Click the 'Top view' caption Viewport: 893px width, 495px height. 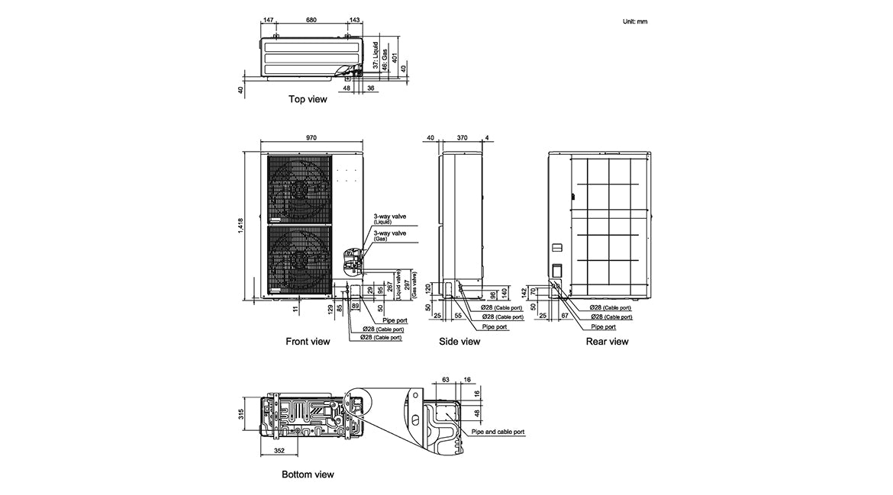(x=308, y=99)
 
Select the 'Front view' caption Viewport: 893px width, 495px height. (x=308, y=342)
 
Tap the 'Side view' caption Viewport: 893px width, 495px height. (x=459, y=342)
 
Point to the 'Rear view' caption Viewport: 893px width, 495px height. (x=607, y=342)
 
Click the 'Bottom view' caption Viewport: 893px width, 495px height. (x=308, y=474)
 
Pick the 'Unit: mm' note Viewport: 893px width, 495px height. (x=635, y=21)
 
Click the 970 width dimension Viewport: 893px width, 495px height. (x=311, y=138)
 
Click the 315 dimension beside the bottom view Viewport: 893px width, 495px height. (x=240, y=414)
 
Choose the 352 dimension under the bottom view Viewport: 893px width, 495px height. (x=279, y=451)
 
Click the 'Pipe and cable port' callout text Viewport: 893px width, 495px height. (x=498, y=432)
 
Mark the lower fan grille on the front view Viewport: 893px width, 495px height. (x=298, y=258)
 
